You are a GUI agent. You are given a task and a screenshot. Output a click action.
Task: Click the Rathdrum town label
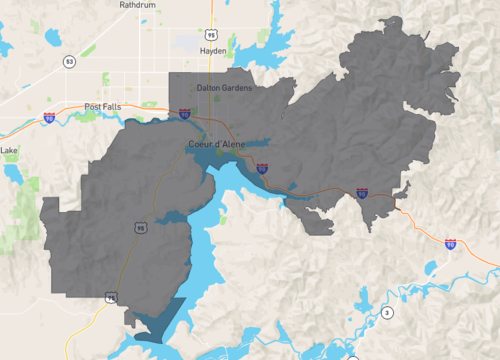coord(137,5)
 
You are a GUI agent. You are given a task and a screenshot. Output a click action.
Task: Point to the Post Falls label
coord(102,106)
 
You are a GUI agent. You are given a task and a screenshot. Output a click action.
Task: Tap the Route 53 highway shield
coord(68,62)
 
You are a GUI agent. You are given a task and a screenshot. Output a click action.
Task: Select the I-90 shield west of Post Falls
coord(48,118)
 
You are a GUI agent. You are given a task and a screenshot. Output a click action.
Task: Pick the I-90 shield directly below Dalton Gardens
coord(185,115)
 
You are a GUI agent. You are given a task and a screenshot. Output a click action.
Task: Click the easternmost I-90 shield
coord(450,244)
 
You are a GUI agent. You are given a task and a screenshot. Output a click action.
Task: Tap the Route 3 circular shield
coord(387,313)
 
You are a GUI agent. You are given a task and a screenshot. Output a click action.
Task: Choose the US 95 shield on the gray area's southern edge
coord(110,297)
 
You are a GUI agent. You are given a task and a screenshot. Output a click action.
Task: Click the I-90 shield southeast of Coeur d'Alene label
coord(261,169)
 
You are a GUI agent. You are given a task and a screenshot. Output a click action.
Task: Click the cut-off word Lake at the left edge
coord(9,151)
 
